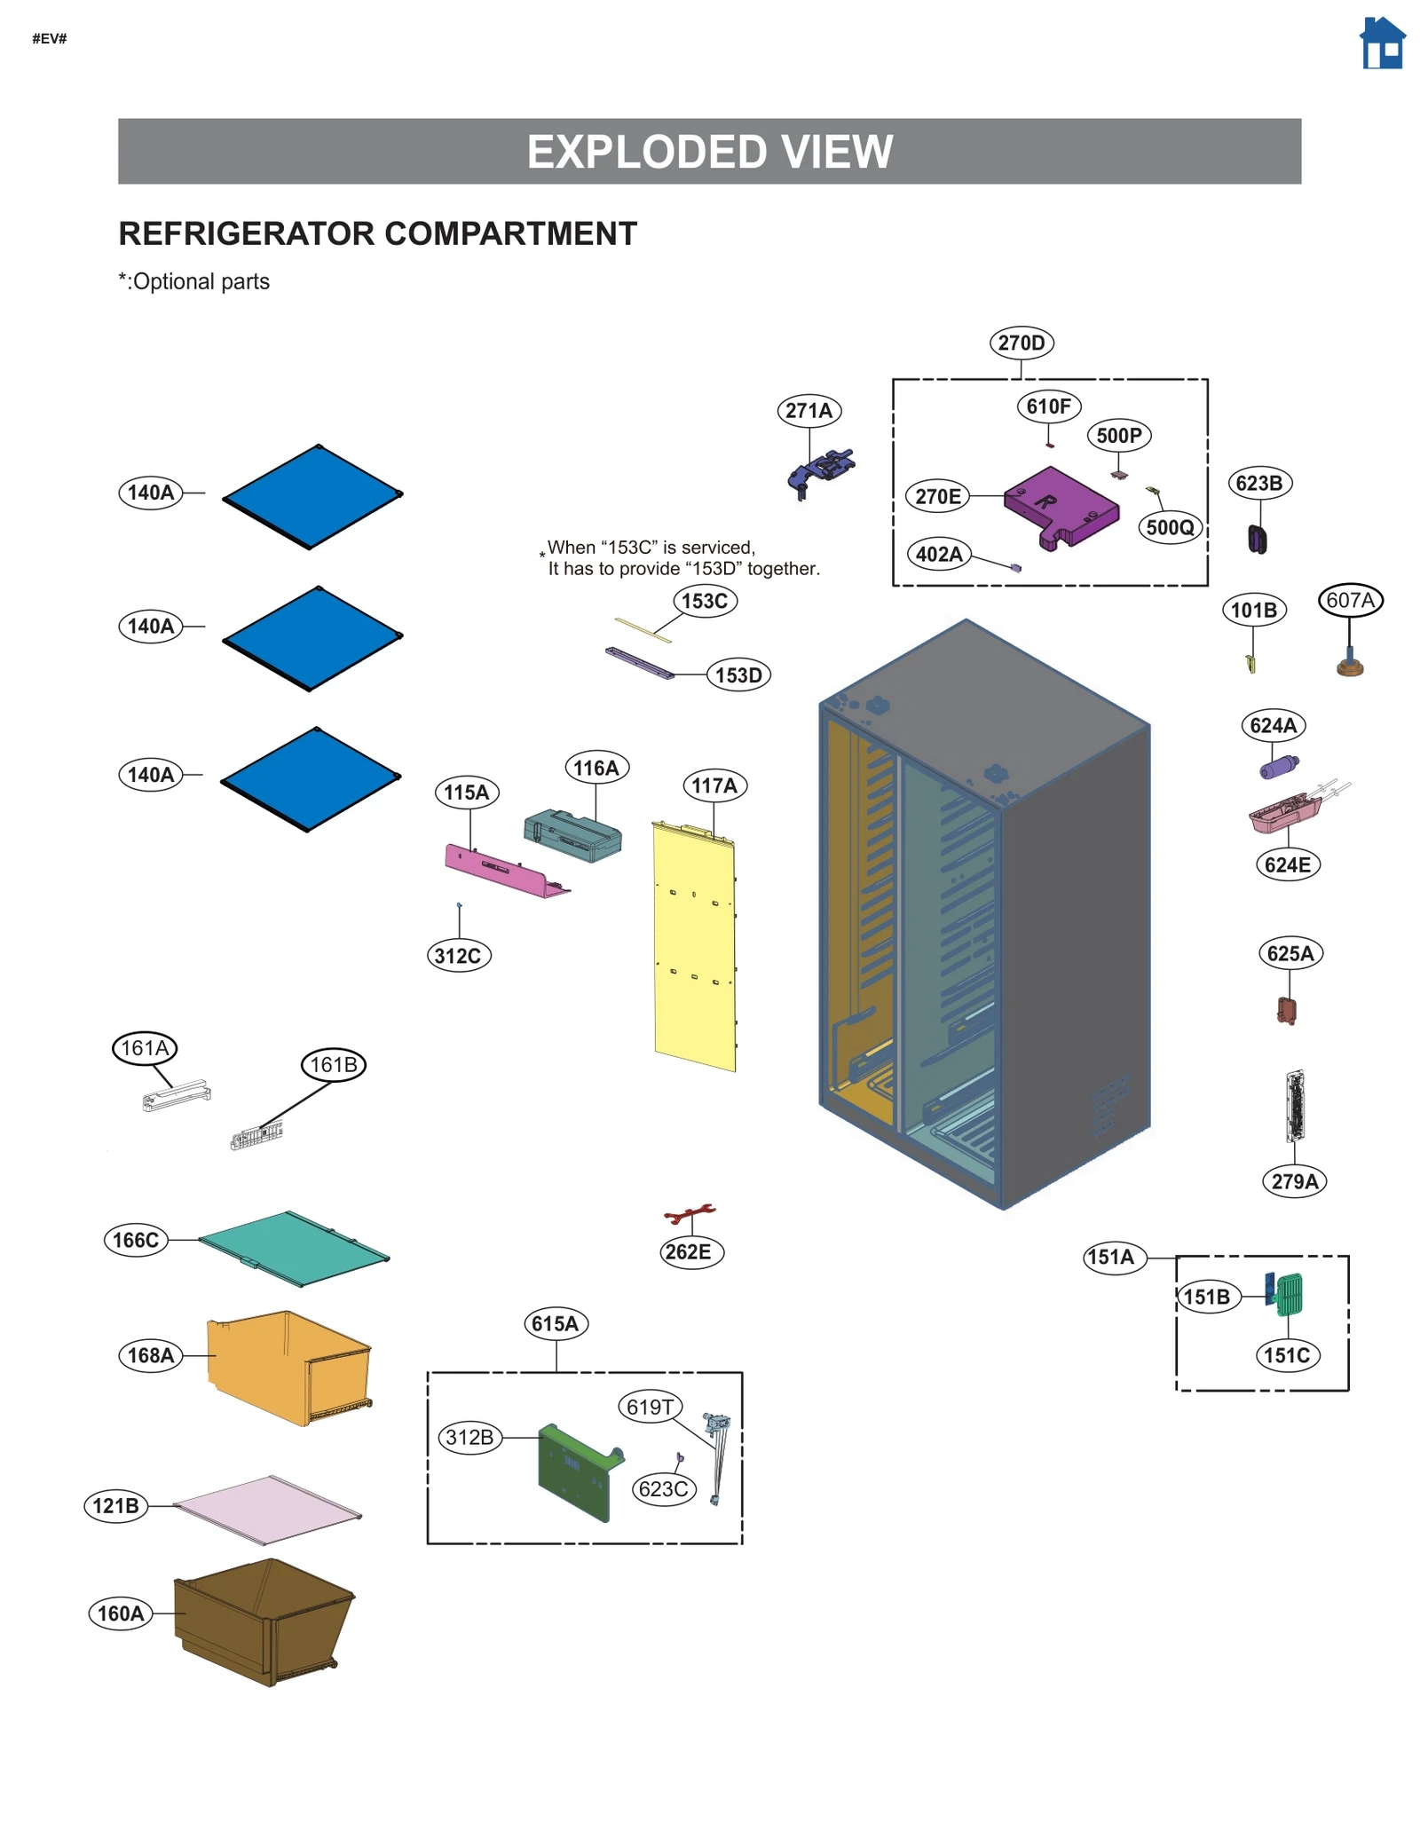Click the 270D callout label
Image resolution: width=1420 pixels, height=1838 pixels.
[x=1021, y=343]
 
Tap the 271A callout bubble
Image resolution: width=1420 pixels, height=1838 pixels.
[x=809, y=410]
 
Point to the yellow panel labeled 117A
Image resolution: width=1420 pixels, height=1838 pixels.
[x=694, y=945]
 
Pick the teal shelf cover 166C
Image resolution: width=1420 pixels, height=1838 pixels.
[x=293, y=1247]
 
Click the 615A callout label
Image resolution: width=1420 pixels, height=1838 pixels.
[x=555, y=1323]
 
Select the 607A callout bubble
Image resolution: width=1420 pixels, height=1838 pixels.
[x=1350, y=600]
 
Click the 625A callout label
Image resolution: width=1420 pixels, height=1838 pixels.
[x=1290, y=953]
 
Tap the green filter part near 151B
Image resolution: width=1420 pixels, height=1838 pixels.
[x=1290, y=1295]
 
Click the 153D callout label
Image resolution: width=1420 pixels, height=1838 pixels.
[x=738, y=674]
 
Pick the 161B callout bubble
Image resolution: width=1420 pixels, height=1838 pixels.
[x=333, y=1064]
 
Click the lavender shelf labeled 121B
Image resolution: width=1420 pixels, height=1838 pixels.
[x=266, y=1509]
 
